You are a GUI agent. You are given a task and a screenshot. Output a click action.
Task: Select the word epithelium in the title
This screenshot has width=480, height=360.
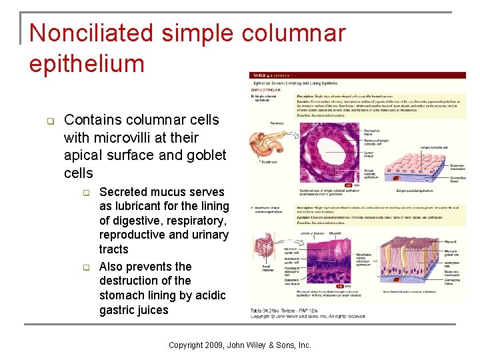[87, 63]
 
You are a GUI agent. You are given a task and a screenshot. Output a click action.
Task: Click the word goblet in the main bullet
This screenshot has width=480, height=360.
[207, 155]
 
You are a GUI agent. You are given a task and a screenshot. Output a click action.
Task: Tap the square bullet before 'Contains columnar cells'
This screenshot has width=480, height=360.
[49, 121]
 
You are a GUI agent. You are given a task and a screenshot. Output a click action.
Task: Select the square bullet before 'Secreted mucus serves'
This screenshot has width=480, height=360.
[85, 193]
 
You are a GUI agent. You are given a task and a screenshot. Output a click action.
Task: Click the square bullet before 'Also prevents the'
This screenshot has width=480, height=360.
[85, 267]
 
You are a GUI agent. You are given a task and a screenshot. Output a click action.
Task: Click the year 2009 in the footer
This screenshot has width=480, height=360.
[215, 345]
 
